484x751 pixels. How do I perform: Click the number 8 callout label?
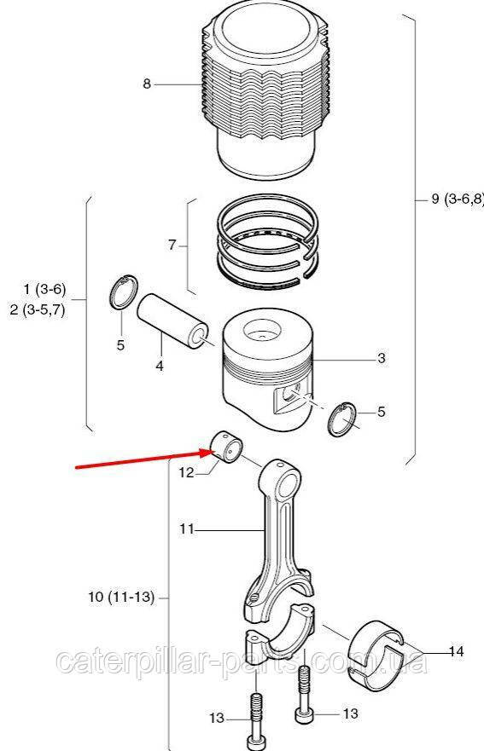point(147,84)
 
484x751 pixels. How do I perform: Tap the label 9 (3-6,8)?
point(458,199)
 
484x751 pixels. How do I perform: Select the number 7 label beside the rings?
point(172,246)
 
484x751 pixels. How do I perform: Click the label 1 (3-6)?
point(44,289)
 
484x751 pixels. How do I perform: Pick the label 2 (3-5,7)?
point(38,309)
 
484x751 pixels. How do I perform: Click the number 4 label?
point(160,366)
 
